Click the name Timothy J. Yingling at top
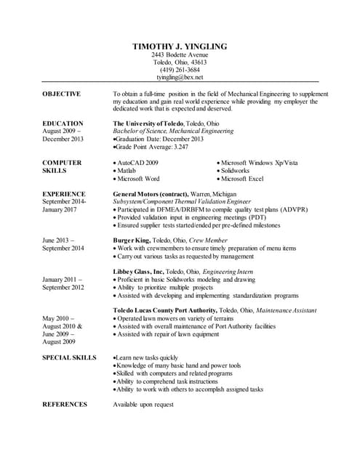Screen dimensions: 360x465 click(x=180, y=46)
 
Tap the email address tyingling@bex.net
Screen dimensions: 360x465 click(x=180, y=76)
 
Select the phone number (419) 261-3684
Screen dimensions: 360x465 click(x=180, y=69)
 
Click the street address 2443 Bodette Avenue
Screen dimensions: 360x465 click(x=180, y=54)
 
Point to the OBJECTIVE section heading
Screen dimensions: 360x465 click(x=61, y=94)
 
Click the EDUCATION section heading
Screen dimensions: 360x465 click(x=63, y=124)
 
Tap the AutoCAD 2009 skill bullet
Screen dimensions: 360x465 click(x=138, y=163)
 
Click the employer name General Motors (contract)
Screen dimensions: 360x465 click(x=151, y=194)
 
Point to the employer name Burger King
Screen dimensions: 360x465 click(x=132, y=240)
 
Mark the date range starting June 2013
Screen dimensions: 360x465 click(x=64, y=244)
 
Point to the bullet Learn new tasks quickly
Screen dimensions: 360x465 click(x=147, y=357)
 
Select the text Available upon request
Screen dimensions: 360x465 click(x=143, y=404)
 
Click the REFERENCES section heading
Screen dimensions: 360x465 click(x=65, y=404)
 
